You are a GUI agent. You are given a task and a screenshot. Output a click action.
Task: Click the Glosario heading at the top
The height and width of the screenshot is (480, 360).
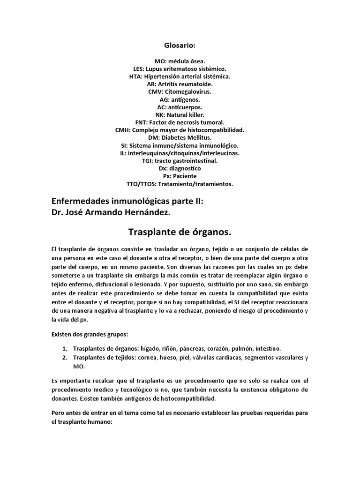click(180, 45)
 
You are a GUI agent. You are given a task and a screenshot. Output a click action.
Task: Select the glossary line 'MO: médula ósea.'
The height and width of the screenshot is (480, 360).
click(180, 61)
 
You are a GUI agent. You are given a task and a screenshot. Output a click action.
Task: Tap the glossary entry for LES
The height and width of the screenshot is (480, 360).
click(180, 68)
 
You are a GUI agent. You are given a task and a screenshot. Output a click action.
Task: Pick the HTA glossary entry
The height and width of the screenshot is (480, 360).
click(180, 76)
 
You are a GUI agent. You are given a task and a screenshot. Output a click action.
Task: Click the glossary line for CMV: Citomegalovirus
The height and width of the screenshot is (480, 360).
click(180, 91)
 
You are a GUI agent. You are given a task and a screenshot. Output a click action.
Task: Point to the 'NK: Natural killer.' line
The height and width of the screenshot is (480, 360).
click(180, 114)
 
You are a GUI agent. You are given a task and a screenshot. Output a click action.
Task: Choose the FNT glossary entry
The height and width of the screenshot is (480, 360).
click(180, 122)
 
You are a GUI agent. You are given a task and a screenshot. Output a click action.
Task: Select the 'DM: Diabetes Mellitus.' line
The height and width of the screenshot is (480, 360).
click(180, 138)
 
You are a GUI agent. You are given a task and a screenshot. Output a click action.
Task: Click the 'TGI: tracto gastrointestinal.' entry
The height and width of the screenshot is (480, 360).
click(180, 161)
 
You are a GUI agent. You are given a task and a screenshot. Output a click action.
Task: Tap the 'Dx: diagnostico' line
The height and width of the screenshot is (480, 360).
click(180, 168)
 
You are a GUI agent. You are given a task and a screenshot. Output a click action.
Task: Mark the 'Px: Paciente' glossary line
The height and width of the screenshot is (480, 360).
click(180, 176)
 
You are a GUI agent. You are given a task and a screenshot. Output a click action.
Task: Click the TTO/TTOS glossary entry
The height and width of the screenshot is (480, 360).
click(180, 184)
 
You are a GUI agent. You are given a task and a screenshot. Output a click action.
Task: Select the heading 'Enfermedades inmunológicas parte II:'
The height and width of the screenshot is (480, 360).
click(128, 201)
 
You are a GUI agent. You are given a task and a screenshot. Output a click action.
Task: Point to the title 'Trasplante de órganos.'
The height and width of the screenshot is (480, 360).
click(180, 232)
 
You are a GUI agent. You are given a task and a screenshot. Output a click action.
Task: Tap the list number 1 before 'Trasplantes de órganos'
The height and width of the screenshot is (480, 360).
click(64, 348)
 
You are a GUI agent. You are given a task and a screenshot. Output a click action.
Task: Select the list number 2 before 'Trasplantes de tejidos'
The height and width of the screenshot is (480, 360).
click(64, 358)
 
